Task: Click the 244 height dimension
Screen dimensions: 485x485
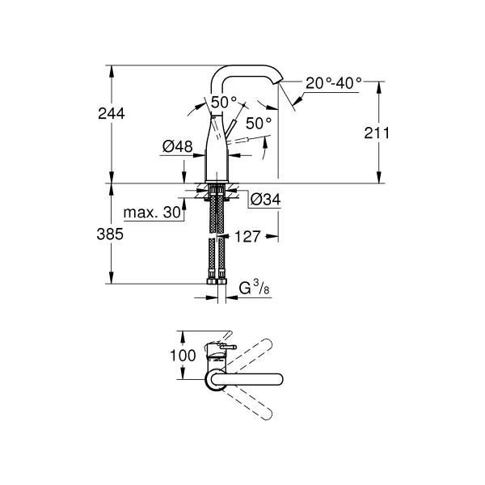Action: tap(112, 113)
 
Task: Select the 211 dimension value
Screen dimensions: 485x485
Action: tap(377, 133)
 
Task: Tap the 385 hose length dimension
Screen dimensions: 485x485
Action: tap(110, 234)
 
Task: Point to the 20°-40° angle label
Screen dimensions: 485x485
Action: tap(333, 83)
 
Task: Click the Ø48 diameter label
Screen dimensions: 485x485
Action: tap(178, 146)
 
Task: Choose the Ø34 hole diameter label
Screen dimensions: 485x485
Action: tap(265, 200)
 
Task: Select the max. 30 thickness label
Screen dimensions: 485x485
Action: tap(152, 213)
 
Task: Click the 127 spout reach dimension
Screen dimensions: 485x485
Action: tap(247, 237)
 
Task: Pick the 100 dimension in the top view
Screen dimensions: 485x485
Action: tap(183, 356)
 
